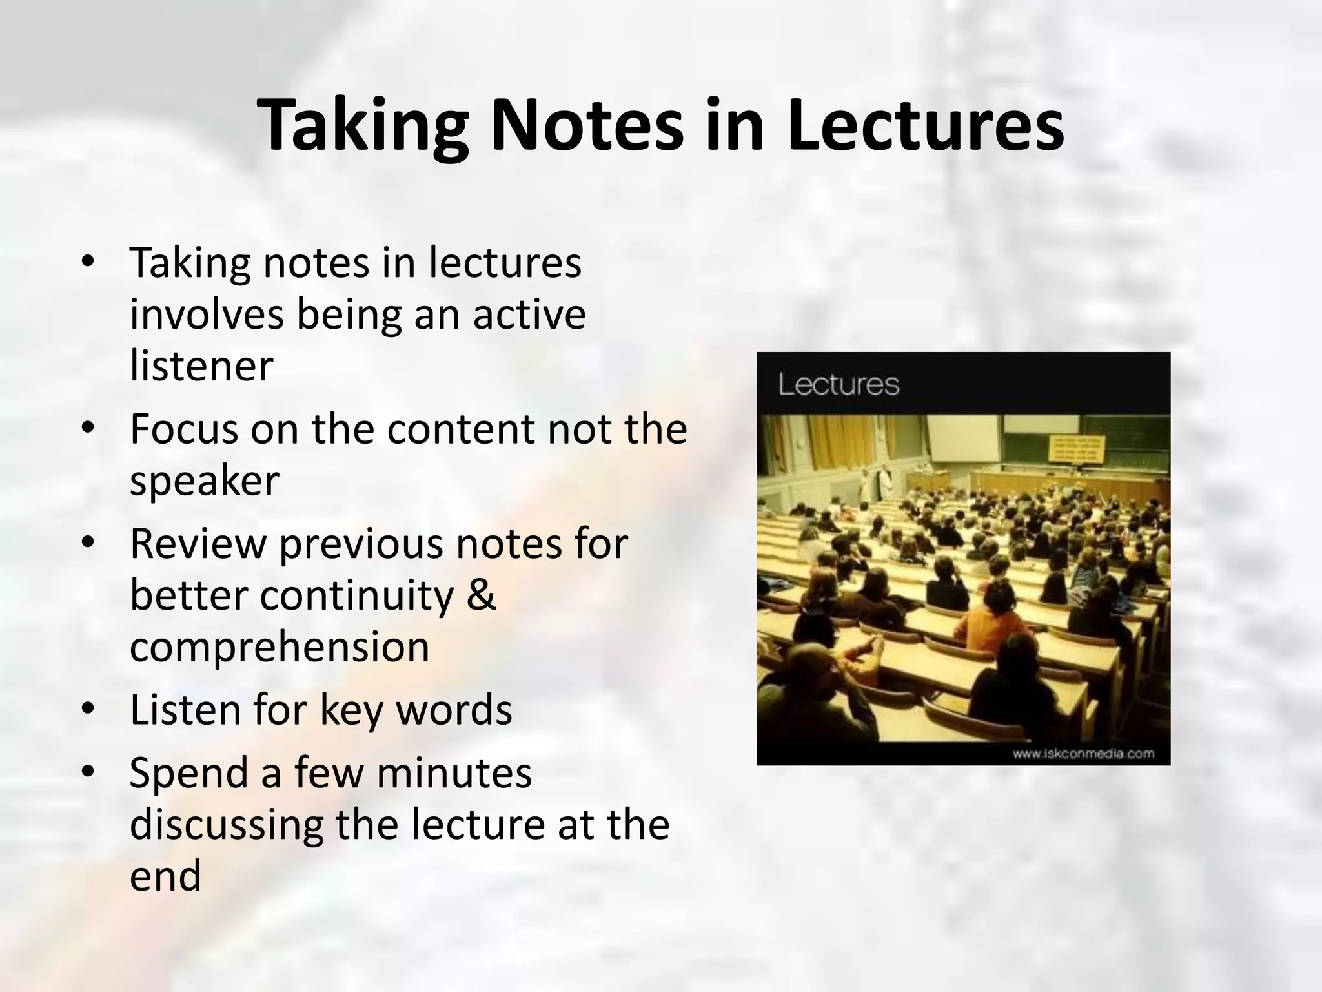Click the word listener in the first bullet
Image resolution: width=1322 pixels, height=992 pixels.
[x=201, y=366]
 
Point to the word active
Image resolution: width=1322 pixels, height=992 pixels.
[x=529, y=314]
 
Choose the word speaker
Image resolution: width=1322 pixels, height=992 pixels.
[x=204, y=482]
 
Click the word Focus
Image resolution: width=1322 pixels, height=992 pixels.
[x=183, y=429]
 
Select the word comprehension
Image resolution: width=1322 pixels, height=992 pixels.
[x=280, y=647]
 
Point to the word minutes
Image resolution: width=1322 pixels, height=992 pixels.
[x=454, y=772]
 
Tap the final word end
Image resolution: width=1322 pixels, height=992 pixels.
[x=165, y=876]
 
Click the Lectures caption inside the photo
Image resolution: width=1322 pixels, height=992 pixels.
[x=839, y=384]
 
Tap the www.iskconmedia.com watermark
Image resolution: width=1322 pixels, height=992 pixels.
[x=1083, y=753]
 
